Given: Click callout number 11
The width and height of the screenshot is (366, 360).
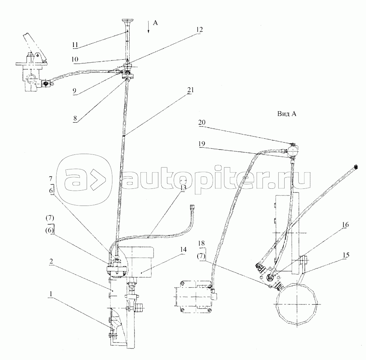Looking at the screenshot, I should point(75,44).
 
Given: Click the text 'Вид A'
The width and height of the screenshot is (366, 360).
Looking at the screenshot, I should point(286,114).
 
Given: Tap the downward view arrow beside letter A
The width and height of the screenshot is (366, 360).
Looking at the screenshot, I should point(149,27).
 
